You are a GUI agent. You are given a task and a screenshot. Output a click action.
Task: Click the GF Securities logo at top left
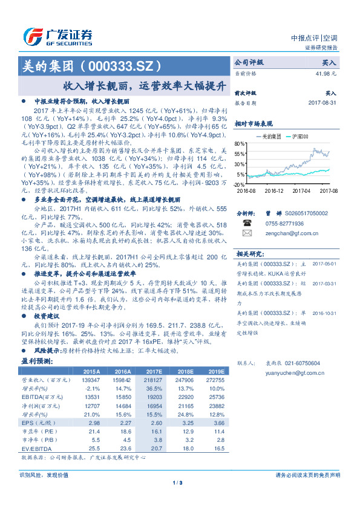click(x=57, y=35)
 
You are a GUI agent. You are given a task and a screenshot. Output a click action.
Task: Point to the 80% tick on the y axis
click(x=240, y=144)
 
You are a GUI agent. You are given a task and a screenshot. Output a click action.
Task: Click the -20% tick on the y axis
click(x=239, y=184)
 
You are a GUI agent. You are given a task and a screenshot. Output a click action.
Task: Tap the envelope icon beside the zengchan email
click(x=246, y=233)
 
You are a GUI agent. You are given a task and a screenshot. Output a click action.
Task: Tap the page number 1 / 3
click(x=178, y=482)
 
